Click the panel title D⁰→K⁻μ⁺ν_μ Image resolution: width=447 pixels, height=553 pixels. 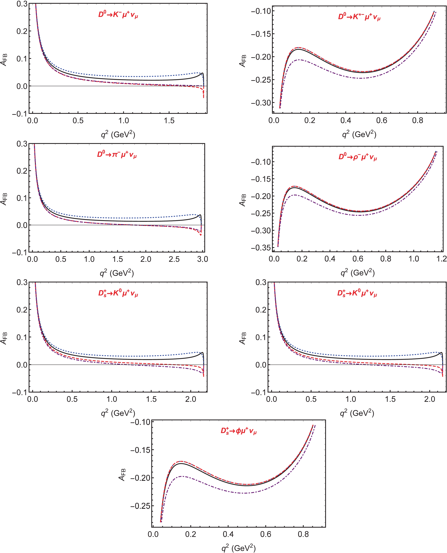(118, 15)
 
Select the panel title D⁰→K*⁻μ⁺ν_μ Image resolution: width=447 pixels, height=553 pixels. (359, 17)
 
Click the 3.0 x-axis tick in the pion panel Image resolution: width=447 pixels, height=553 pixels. (202, 259)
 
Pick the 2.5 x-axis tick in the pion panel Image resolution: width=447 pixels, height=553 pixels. (174, 259)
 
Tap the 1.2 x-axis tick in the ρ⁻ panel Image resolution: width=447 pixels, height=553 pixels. (441, 259)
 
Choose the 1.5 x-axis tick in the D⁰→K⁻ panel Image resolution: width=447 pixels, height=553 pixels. (169, 120)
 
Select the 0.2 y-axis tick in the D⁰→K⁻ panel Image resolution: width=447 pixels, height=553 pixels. (22, 31)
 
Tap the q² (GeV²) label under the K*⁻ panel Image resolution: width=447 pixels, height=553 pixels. (359, 134)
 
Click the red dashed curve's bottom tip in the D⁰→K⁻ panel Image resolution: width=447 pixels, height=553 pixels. (203, 98)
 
